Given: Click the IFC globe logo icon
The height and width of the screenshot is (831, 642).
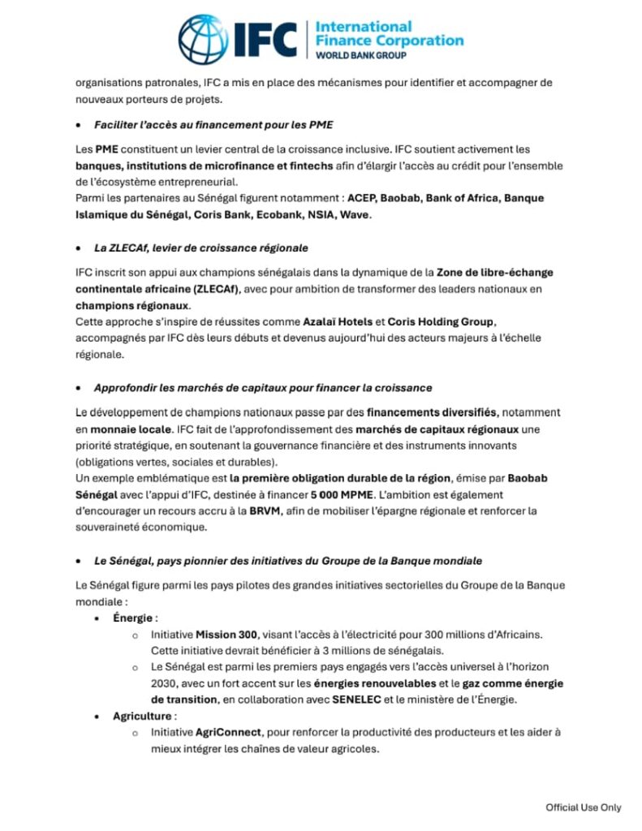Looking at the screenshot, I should (x=204, y=38).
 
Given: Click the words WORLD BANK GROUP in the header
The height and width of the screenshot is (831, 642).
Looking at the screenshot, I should (x=360, y=55).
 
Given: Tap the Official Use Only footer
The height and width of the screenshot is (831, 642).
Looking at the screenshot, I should (x=583, y=807).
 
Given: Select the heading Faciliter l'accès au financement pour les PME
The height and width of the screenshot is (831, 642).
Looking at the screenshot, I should (x=213, y=126).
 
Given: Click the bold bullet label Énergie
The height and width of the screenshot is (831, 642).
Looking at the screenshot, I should (x=134, y=618).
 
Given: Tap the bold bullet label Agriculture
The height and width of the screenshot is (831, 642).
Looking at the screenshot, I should (x=142, y=716).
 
